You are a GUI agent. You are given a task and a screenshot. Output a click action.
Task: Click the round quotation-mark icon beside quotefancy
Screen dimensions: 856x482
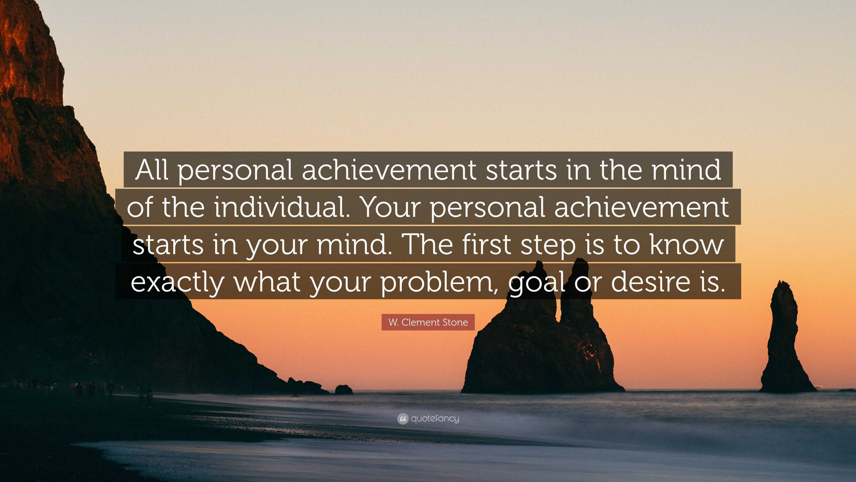402,419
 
